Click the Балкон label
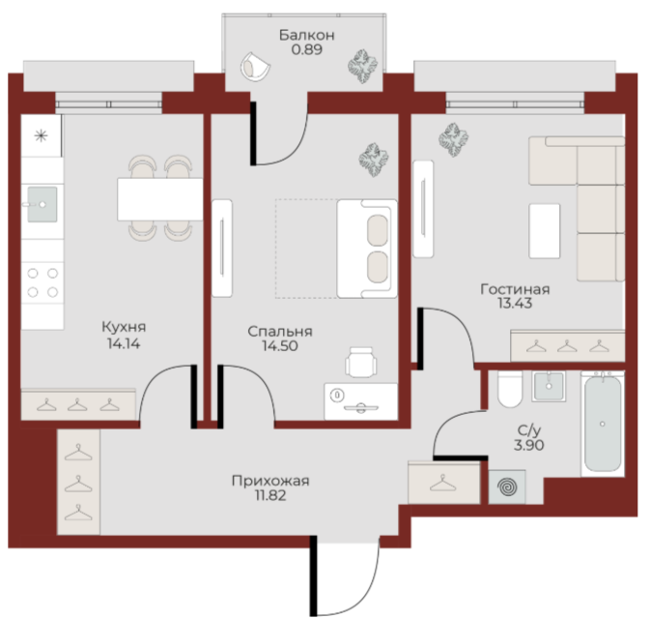tap(306, 36)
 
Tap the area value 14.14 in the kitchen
tap(124, 343)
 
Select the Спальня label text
tap(280, 332)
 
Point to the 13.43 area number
tap(515, 303)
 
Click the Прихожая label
tap(270, 481)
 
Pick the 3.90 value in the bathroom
tap(529, 445)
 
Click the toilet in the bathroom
tap(509, 389)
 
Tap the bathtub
tap(603, 424)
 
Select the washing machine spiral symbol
tap(508, 486)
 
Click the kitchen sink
tap(42, 204)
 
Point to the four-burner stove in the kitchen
tap(42, 282)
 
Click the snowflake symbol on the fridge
tap(41, 136)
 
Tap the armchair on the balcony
tap(255, 67)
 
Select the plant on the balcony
tap(362, 67)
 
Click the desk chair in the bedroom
tap(361, 363)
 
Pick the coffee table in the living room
tap(545, 231)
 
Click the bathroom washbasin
tap(549, 386)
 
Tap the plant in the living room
tap(454, 139)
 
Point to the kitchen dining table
tap(159, 199)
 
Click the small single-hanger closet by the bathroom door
tap(444, 483)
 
